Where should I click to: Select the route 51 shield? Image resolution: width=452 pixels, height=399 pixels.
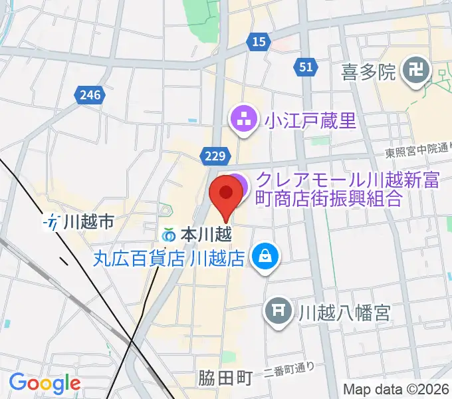coord(305,66)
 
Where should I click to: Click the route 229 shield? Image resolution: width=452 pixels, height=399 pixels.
coord(214,156)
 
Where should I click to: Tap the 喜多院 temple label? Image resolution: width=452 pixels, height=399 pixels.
coord(368,71)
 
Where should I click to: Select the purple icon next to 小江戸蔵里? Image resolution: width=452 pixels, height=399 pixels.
coord(241,120)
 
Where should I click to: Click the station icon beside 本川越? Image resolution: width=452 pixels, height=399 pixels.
coord(169,235)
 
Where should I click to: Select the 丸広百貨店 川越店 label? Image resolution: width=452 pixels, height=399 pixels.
coord(169,256)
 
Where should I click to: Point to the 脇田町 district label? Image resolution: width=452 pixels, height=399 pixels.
coord(225,379)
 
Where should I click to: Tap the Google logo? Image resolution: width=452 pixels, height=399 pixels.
coord(45,382)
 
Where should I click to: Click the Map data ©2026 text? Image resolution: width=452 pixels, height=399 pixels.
coord(396,389)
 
